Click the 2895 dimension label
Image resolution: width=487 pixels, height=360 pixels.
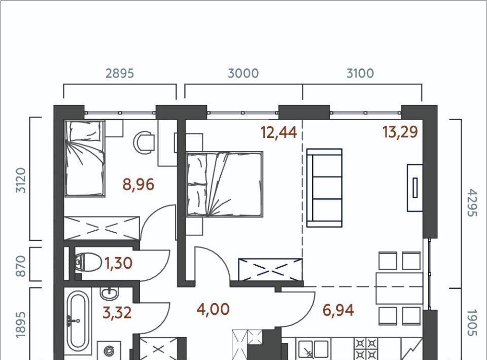click(x=120, y=73)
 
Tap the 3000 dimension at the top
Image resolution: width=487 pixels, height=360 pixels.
click(x=243, y=73)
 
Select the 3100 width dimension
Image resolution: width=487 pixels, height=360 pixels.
click(x=360, y=73)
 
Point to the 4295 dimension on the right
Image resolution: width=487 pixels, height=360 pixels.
click(x=471, y=203)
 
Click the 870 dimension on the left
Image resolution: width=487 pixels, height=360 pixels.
click(x=20, y=266)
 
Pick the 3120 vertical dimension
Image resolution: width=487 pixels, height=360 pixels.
click(x=20, y=180)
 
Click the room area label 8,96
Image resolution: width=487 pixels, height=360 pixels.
click(x=138, y=185)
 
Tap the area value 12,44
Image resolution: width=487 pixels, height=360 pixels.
click(x=279, y=132)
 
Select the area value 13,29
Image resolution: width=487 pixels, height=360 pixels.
click(x=400, y=132)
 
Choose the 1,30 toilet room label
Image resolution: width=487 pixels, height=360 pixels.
click(x=119, y=264)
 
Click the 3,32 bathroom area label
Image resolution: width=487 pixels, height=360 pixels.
click(x=117, y=312)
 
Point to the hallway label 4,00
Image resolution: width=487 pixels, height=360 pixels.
click(x=214, y=309)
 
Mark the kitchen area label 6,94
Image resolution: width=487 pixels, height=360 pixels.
click(x=338, y=310)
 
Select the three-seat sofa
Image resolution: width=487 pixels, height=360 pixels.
click(x=324, y=188)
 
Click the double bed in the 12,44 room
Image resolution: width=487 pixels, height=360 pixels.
click(x=225, y=184)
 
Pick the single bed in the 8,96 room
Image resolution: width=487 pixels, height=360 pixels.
click(x=85, y=158)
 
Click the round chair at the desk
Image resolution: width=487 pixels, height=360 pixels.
click(x=144, y=142)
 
